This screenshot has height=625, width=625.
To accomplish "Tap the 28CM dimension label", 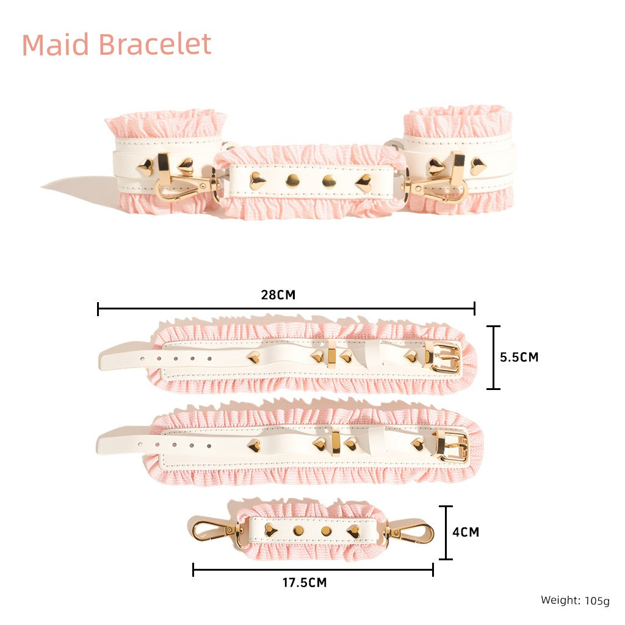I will point(278,295).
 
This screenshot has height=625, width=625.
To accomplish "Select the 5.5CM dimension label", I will point(519,357).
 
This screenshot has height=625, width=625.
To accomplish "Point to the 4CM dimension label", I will point(466,532).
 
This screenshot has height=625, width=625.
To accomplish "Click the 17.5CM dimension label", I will point(304,583).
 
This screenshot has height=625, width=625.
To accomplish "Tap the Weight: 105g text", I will point(574,601).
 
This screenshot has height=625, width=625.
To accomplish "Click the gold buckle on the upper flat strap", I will point(444,357).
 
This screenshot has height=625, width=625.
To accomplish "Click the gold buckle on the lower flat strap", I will point(451,446).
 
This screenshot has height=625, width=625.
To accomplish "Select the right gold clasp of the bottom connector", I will point(412,533).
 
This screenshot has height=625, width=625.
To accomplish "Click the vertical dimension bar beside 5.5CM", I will point(493,358).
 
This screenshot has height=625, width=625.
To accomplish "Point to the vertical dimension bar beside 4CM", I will point(446,532).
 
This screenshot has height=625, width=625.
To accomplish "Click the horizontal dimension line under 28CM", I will point(286,309).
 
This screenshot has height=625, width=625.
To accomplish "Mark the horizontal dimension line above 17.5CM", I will point(312,570).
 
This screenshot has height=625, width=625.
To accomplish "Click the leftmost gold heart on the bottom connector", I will point(269,530).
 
